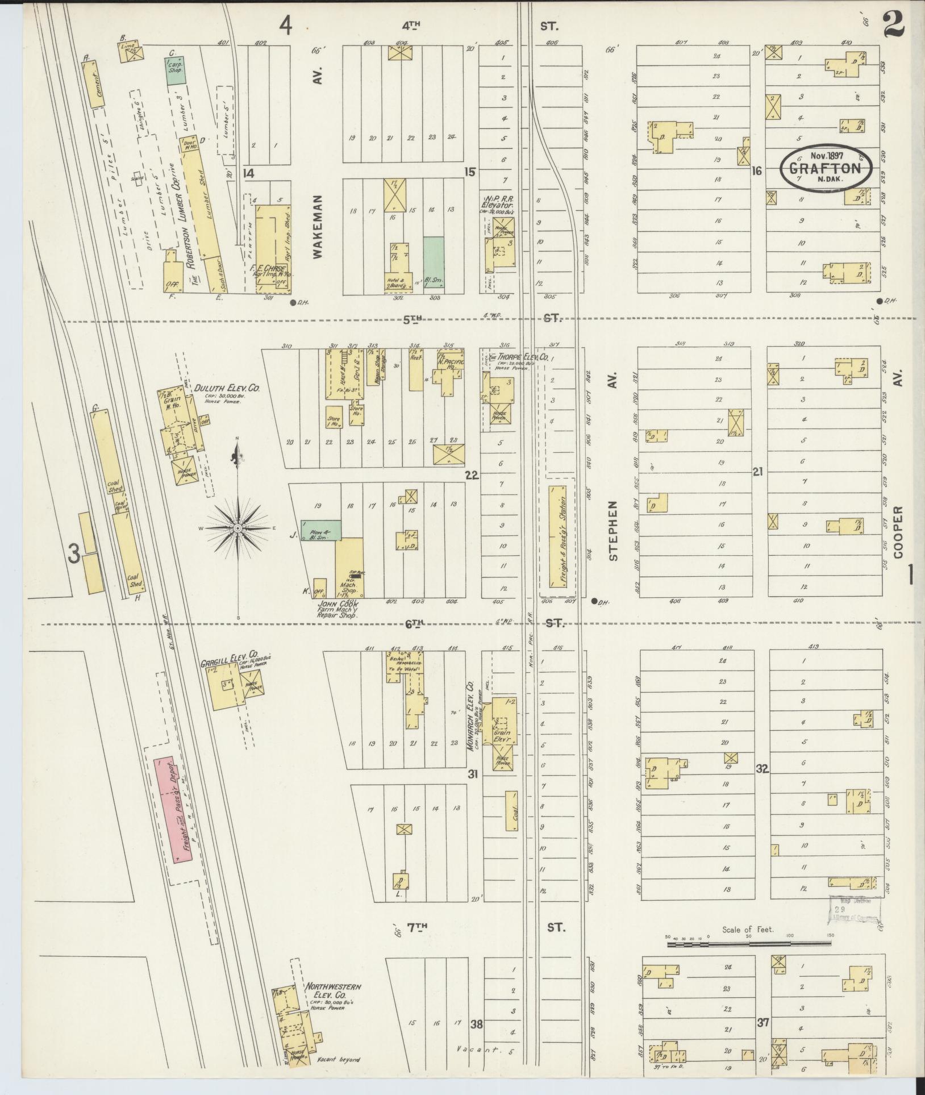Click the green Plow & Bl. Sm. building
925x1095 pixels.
(x=321, y=529)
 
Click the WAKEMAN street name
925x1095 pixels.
(x=318, y=227)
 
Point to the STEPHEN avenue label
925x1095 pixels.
(x=613, y=531)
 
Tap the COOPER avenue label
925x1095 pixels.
(x=898, y=532)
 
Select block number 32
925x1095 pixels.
(x=762, y=769)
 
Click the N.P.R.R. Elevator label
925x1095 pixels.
(x=498, y=203)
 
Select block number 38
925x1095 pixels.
(x=476, y=1025)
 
